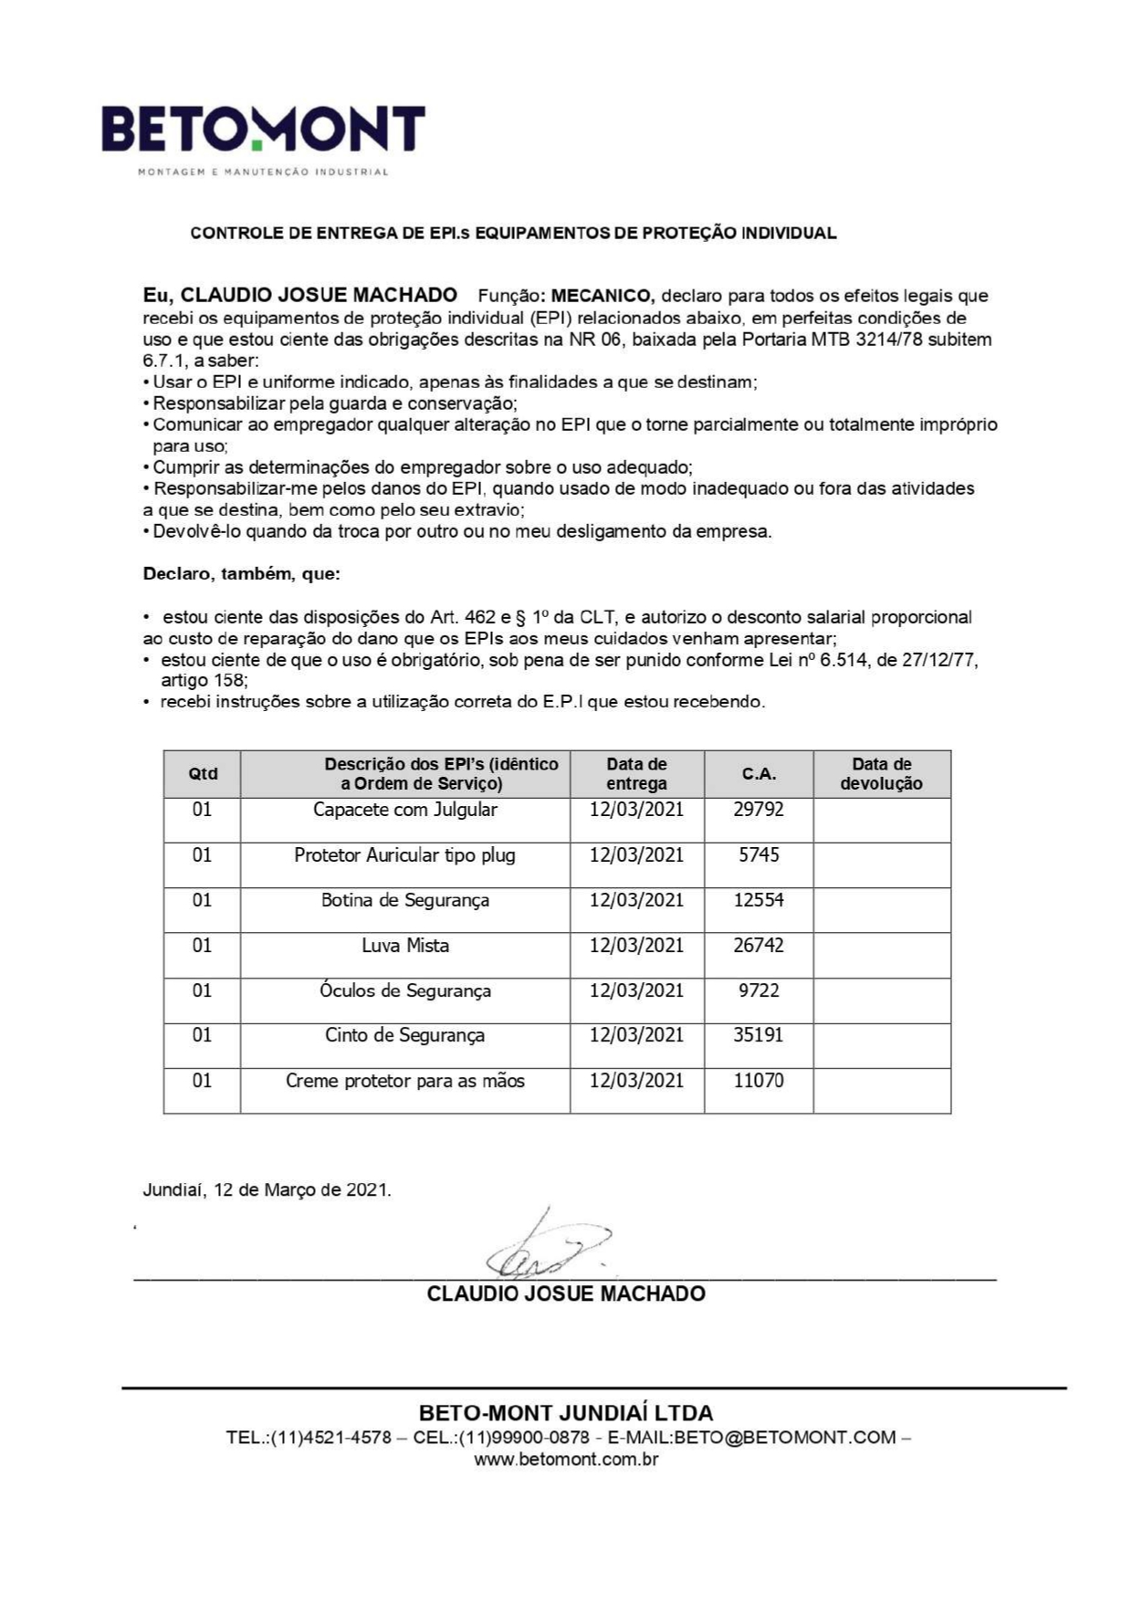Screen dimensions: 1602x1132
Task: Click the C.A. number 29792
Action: tap(758, 810)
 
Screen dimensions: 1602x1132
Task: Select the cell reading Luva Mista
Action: tap(404, 946)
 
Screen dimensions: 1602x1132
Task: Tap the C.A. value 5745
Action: tap(758, 855)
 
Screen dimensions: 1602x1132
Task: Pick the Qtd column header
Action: tap(203, 774)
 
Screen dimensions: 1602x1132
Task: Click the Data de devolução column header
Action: tap(881, 774)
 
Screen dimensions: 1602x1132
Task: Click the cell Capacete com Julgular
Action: tap(404, 810)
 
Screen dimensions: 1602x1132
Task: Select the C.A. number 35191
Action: tap(758, 1035)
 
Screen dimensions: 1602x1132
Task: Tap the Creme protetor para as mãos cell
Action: tap(404, 1081)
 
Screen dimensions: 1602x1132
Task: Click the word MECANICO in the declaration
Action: tap(603, 296)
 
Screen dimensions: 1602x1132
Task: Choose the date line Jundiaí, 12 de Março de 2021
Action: tap(267, 1190)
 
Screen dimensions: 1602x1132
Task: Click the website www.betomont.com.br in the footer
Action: tap(566, 1459)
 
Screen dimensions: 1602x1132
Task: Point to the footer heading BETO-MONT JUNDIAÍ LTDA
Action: tap(566, 1413)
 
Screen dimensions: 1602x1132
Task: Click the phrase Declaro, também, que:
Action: tap(241, 574)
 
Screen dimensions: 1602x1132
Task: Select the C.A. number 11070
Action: tap(758, 1081)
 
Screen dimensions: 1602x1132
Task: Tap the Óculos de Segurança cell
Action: tap(404, 990)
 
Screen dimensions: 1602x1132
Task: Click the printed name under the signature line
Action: tap(566, 1293)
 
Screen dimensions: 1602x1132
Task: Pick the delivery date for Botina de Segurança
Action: tap(636, 900)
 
